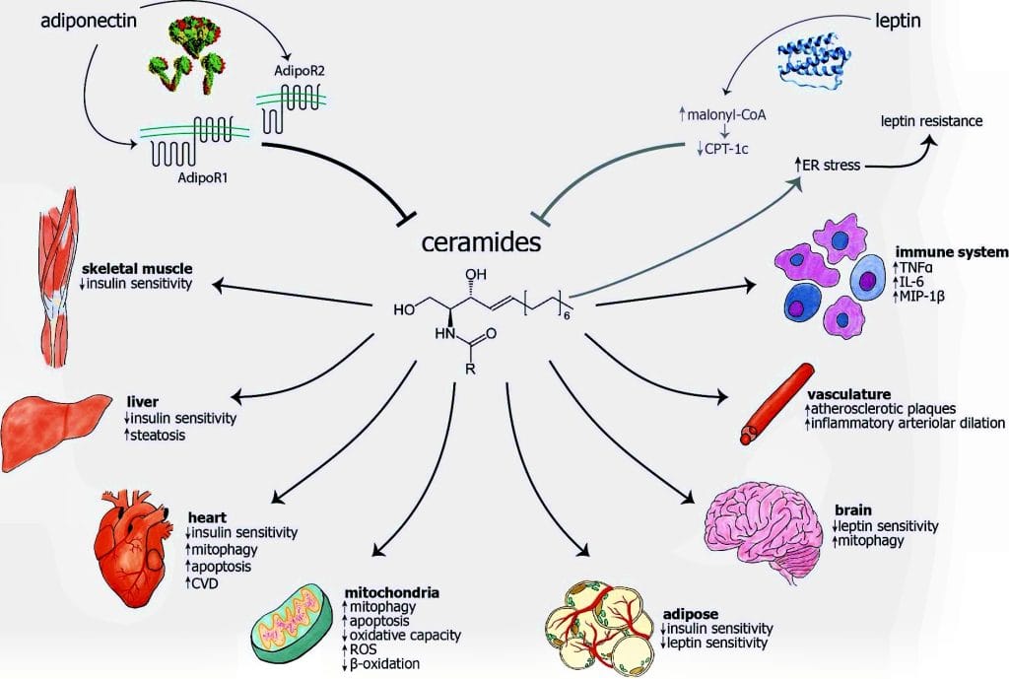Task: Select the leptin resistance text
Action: [x=931, y=121]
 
